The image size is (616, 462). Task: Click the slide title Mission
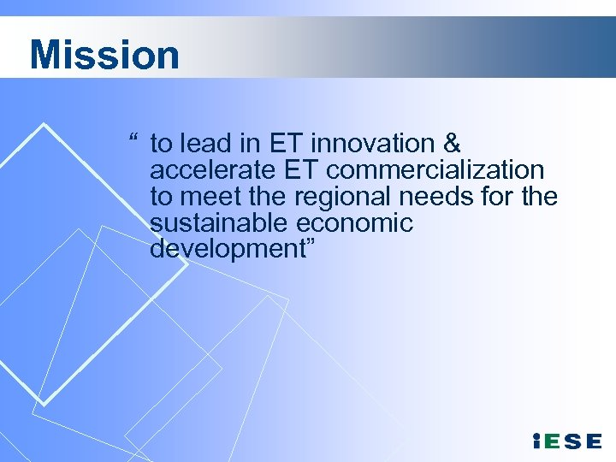click(104, 55)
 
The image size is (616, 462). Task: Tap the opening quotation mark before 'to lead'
click(134, 139)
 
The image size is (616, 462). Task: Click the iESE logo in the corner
click(566, 441)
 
